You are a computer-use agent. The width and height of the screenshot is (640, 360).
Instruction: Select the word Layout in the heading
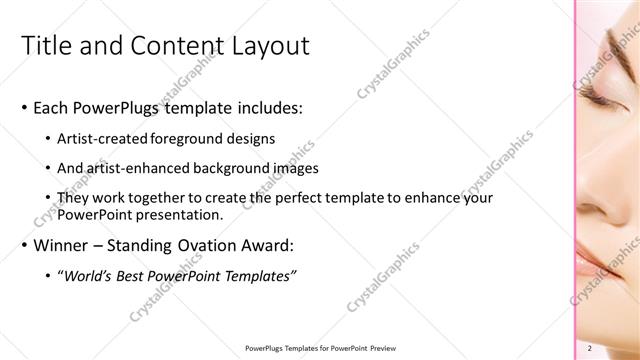[269, 46]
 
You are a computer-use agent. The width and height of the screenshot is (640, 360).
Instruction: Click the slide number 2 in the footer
[590, 347]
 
